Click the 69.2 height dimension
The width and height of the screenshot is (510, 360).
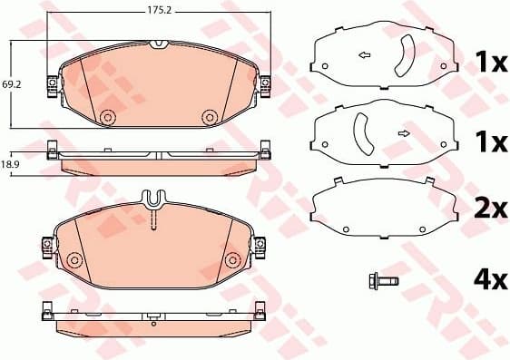point(11,84)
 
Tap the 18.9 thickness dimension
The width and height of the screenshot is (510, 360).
point(10,164)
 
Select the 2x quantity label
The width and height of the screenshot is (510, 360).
point(490,209)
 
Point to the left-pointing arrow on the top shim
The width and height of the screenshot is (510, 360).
point(365,56)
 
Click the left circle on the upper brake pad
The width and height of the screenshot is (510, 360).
point(106,117)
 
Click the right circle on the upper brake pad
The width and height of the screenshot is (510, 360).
point(210,116)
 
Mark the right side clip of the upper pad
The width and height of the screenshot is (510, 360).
point(265,84)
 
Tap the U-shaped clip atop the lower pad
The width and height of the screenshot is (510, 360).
point(155,197)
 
